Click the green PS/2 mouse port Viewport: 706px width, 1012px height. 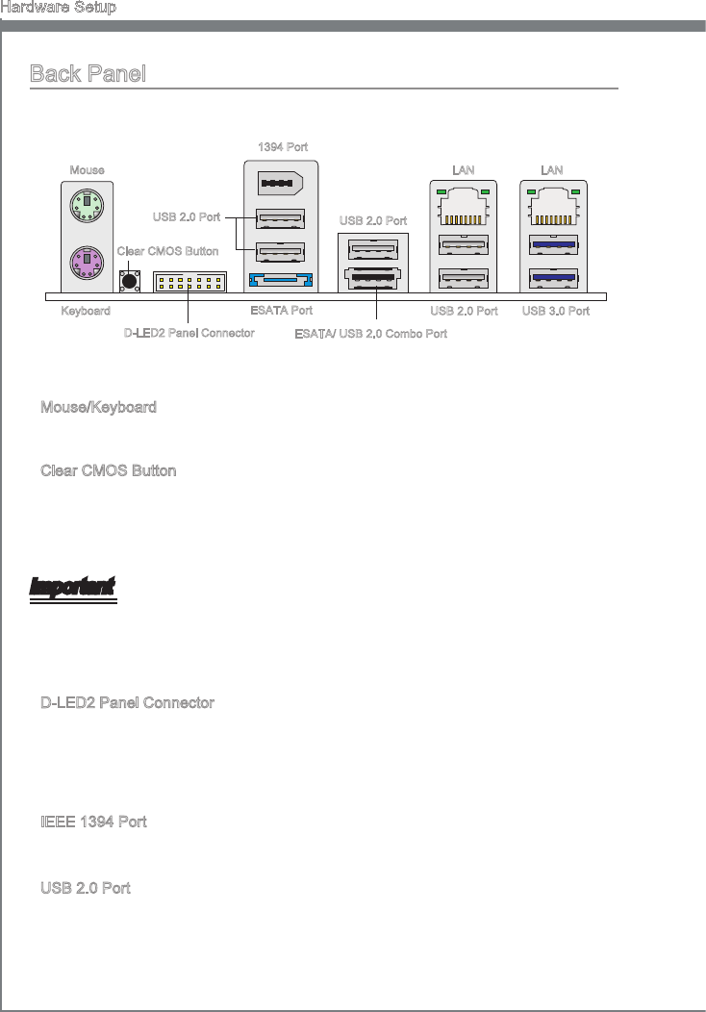[87, 205]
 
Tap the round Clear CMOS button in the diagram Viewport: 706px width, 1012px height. [128, 280]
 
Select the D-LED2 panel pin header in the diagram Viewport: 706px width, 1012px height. [189, 282]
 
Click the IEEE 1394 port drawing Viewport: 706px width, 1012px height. [281, 183]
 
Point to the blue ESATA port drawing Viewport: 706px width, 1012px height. [281, 282]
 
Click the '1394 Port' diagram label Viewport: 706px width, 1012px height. [283, 146]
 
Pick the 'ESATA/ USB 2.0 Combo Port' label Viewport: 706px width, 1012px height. [370, 333]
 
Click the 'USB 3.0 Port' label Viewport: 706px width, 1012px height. [556, 311]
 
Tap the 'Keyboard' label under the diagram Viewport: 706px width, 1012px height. [86, 311]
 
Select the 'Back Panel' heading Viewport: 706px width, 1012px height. [88, 74]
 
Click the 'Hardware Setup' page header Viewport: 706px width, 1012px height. [59, 8]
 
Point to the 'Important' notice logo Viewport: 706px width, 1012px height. [73, 586]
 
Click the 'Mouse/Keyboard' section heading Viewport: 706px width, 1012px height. [98, 408]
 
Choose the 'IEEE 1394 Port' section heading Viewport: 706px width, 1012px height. [93, 822]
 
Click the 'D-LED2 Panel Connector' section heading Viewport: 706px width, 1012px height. [127, 703]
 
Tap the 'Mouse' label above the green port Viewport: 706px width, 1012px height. [87, 170]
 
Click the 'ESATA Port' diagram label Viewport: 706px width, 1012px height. [281, 311]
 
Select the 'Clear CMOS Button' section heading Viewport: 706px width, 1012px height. [108, 471]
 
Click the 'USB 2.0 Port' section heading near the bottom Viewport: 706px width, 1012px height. [86, 887]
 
